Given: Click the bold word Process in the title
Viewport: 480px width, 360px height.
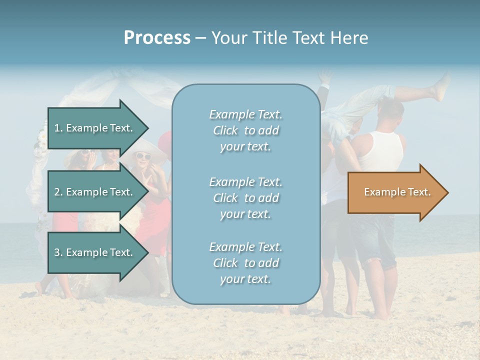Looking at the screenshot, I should click(157, 38).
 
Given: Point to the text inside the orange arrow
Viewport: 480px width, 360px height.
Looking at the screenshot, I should click(397, 192).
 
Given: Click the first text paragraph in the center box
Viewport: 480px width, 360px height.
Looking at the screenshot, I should click(245, 130).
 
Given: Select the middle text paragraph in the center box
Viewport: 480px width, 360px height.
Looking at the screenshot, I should click(245, 198).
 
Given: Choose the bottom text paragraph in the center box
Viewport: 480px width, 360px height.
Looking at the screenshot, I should click(245, 263).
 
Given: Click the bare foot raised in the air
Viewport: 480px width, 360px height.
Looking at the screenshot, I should click(442, 90).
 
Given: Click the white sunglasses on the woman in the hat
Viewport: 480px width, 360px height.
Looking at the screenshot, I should click(143, 156).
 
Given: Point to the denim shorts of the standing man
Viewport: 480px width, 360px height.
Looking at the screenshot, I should click(372, 240).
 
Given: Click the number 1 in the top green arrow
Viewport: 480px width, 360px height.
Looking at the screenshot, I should click(57, 128).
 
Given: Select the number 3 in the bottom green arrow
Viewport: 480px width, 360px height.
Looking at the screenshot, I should click(57, 252).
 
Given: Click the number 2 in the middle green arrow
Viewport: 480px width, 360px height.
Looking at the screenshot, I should click(57, 192).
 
